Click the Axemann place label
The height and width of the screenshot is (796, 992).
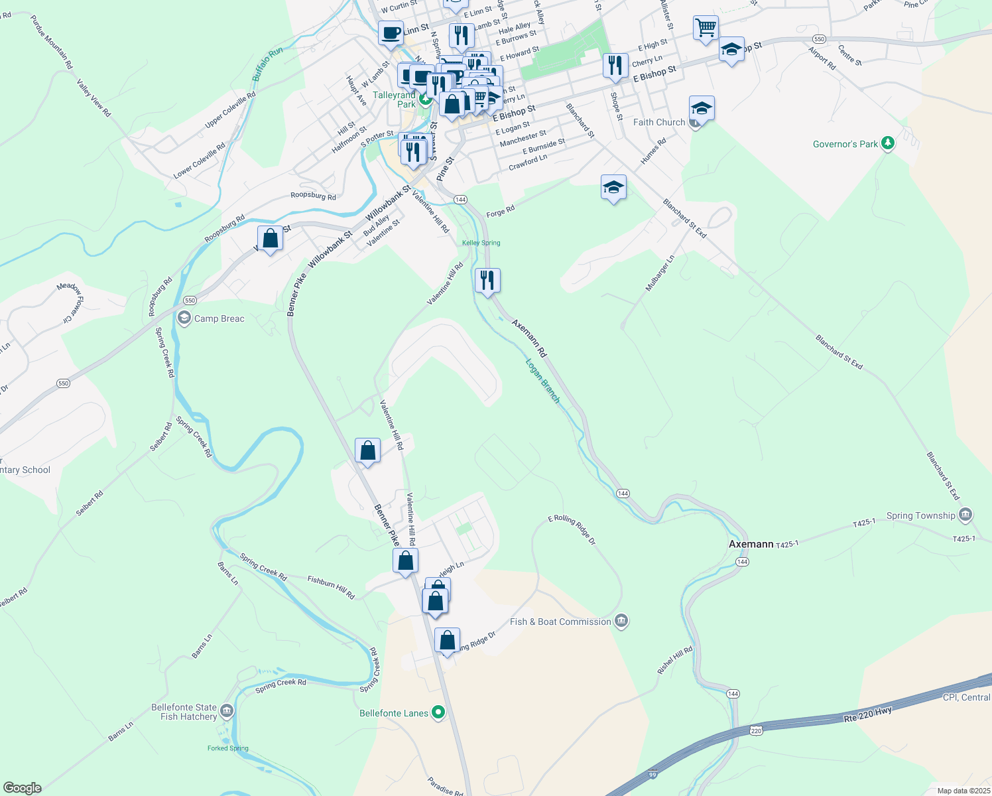pos(751,544)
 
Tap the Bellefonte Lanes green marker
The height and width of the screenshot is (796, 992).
pos(438,713)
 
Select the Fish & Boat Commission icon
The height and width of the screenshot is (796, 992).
pos(621,622)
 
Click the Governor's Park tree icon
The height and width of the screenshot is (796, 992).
pos(888,144)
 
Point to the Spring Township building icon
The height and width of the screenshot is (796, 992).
pos(965,515)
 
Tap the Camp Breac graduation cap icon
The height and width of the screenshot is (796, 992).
pos(184,318)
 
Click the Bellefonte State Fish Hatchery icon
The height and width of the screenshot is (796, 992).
pos(227,712)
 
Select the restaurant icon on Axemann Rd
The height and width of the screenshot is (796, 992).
pos(487,281)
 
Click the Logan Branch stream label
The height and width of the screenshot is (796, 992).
pos(543,381)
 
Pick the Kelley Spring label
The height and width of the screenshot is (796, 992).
pos(481,243)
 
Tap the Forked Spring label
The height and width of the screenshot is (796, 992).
pos(227,748)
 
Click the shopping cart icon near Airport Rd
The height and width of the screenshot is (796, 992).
pos(706,29)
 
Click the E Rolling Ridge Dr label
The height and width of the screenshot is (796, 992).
pos(572,530)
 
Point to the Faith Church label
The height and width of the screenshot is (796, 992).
pos(658,122)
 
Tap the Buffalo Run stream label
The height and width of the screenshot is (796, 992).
pos(267,64)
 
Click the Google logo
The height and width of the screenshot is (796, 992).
pos(23,787)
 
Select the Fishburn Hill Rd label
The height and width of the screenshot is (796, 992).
pos(331,588)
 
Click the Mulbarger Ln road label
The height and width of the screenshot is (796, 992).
pos(660,273)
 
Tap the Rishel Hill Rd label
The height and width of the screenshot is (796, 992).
pos(674,661)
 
